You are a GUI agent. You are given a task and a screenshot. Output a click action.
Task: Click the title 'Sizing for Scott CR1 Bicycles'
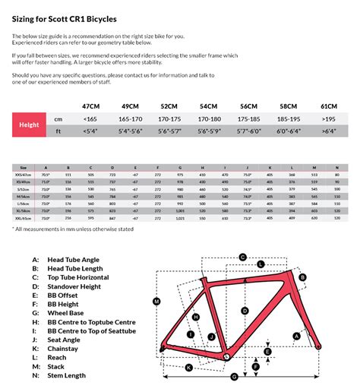tap(64, 17)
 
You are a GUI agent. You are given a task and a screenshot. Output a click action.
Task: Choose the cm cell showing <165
tap(90, 119)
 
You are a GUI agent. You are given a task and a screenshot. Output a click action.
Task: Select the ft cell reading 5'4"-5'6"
tap(131, 131)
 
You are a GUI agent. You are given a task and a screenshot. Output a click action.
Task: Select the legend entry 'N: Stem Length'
tap(63, 375)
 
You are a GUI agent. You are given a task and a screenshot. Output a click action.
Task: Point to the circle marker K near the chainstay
tap(187, 368)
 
